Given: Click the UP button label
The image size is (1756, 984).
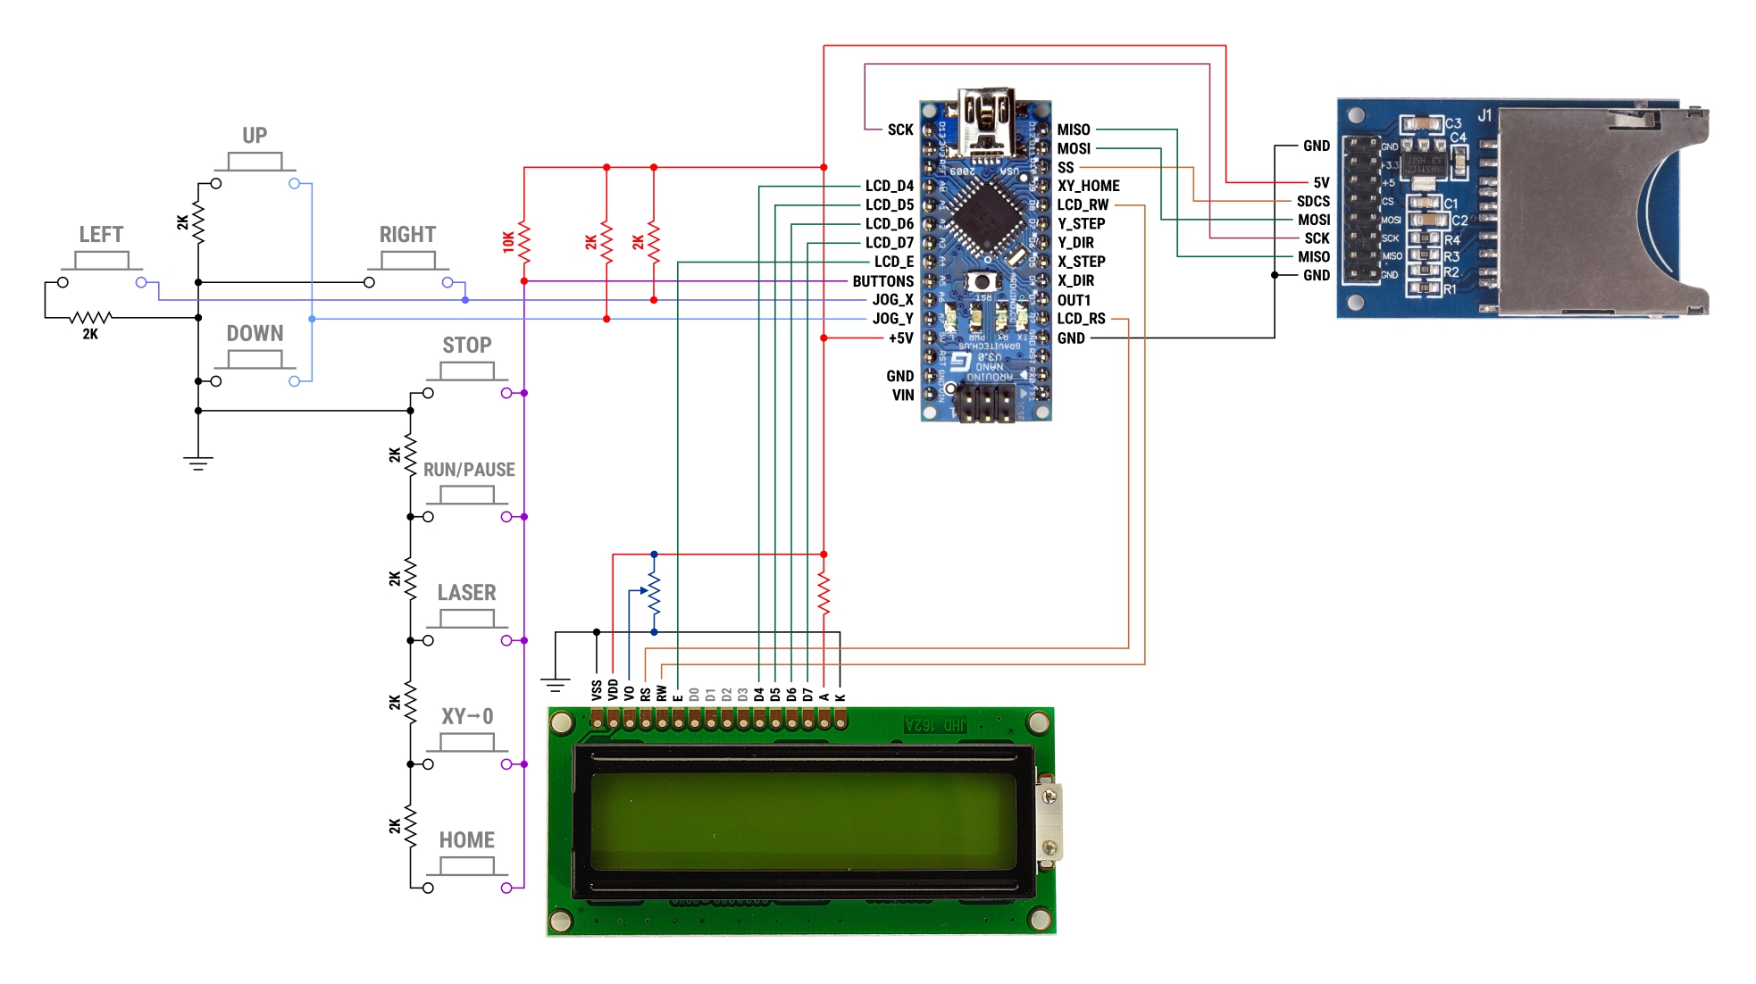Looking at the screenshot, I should point(255,136).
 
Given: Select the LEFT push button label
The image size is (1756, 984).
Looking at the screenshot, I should point(101,235).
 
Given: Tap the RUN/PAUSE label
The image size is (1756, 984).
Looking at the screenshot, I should point(469,470).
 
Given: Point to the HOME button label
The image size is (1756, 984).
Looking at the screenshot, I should point(466,840).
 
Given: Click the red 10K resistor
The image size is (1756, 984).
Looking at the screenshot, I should point(523,242).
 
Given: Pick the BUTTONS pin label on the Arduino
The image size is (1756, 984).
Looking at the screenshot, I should point(882,281).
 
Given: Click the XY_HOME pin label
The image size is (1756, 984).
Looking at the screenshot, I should point(1088,186).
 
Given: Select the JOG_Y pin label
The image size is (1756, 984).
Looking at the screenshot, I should point(892,319).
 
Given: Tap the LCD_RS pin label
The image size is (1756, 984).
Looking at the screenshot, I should point(1081,319).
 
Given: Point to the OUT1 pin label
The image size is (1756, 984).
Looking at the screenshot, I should point(1074,300).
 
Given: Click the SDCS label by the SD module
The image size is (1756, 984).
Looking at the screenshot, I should point(1313,202).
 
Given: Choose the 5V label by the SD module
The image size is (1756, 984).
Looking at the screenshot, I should point(1321,183).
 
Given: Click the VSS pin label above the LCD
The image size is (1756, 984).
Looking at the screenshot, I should point(597,690).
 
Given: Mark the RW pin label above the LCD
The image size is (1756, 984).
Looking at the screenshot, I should point(662,693).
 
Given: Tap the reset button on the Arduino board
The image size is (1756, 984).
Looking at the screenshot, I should point(982,282).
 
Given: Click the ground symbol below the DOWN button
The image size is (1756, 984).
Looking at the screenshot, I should point(198,463).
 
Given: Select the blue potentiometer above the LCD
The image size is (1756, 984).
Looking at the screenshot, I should point(653,592).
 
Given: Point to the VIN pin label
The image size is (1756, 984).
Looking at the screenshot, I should point(902,395).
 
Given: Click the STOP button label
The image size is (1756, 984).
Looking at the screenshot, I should point(466,346).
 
